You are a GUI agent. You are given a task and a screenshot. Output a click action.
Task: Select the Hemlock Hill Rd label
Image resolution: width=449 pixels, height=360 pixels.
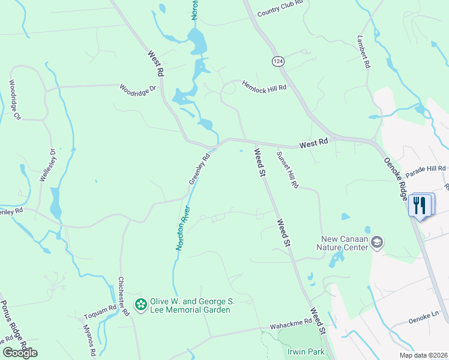tap(264, 86)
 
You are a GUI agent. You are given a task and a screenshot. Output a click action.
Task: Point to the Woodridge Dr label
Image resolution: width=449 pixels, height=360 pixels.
tap(137, 89)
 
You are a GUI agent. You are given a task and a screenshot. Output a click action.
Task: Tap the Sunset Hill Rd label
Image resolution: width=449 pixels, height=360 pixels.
tap(287, 170)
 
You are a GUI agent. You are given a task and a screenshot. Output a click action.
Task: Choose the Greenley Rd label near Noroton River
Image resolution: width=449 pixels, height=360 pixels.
tap(199, 169)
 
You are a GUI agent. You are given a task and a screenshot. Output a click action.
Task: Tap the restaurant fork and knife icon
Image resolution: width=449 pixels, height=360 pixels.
tap(420, 205)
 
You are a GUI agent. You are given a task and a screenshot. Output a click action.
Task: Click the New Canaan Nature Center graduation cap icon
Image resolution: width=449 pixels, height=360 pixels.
tap(377, 242)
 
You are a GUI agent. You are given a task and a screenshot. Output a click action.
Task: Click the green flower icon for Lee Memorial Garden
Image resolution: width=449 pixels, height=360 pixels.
tap(141, 305)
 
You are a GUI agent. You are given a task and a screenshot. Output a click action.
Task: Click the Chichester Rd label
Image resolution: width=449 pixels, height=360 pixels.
tap(124, 296)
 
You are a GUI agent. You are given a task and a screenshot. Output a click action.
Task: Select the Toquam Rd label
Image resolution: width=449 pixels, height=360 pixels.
tap(100, 309)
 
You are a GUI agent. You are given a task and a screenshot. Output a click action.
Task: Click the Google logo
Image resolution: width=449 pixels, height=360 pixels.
tap(20, 353)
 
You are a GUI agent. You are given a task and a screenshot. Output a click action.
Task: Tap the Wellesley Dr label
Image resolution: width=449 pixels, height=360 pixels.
tap(47, 165)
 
